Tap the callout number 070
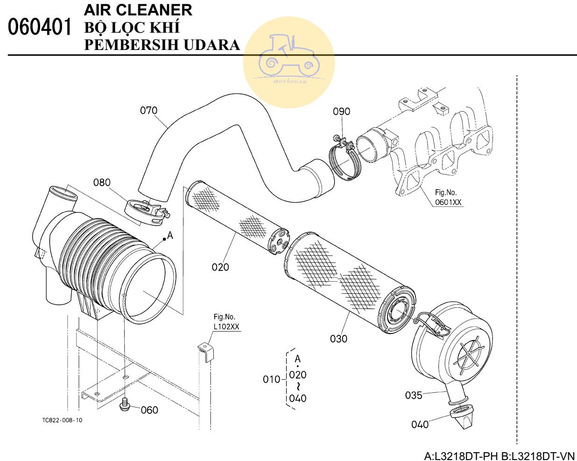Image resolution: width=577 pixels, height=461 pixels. tap(149, 111)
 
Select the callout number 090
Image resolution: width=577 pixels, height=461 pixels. tap(341, 112)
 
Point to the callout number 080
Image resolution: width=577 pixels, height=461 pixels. tap(102, 182)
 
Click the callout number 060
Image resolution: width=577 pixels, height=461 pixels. tap(149, 410)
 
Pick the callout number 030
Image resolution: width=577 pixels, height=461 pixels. tap(338, 339)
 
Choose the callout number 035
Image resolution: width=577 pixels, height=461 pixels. tap(414, 396)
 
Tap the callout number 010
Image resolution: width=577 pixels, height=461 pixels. tap(271, 380)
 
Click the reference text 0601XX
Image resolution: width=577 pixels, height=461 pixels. tap(448, 202)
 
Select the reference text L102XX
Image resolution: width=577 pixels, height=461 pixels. tap(226, 326)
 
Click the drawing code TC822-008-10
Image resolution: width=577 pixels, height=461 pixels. tap(62, 420)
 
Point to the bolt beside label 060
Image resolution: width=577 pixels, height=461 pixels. tap(125, 404)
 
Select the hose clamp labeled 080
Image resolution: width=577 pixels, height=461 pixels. tap(146, 211)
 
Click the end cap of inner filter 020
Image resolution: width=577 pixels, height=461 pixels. tap(280, 241)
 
